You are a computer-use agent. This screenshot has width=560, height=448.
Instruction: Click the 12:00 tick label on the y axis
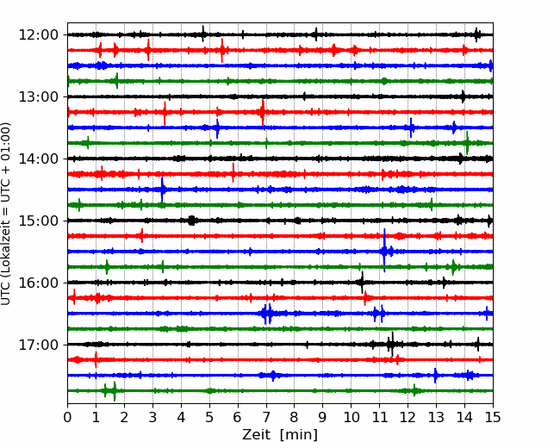point(38,35)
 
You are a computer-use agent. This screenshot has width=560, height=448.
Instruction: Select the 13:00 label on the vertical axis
point(38,96)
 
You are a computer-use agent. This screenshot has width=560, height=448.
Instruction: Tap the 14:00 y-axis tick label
point(38,159)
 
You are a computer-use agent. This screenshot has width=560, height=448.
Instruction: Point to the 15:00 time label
point(38,221)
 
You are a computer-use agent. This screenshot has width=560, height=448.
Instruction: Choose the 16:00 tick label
point(38,283)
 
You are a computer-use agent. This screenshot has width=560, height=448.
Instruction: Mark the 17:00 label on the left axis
point(38,345)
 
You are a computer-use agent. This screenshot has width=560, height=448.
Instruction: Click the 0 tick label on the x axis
point(67,417)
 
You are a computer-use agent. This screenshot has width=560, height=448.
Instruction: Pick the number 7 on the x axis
point(266,417)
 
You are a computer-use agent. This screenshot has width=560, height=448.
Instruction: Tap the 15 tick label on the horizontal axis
point(493,417)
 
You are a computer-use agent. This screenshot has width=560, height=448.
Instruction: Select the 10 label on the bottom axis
point(351,417)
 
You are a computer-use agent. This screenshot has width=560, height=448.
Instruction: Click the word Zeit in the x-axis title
point(256,435)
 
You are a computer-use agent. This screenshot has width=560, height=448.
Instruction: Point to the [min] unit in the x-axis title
point(299,435)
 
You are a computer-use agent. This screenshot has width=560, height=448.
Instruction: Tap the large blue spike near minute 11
point(384,250)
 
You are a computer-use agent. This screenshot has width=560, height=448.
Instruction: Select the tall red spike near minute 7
point(263,112)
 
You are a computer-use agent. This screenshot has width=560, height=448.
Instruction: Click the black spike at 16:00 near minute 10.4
point(362,283)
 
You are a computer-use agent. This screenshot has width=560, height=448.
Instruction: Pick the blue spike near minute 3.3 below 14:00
point(162,190)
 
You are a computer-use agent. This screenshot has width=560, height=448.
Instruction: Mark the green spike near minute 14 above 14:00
point(467,143)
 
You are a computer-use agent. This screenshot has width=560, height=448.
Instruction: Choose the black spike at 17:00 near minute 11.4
point(392,344)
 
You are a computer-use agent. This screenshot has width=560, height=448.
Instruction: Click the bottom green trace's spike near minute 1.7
point(115,391)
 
